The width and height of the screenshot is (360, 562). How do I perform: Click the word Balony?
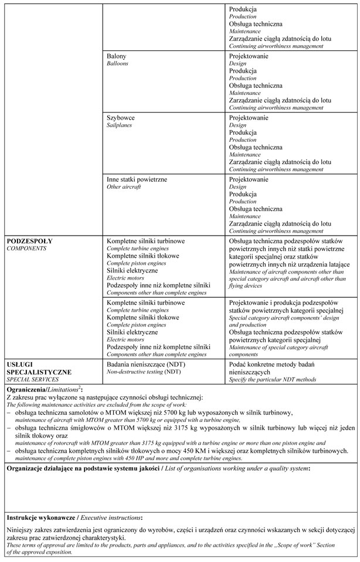coord(116,56)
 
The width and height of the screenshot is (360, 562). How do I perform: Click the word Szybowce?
coord(120,118)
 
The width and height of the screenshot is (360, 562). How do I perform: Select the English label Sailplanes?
coord(119,125)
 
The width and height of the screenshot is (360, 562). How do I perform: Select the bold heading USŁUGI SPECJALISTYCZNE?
coord(38,368)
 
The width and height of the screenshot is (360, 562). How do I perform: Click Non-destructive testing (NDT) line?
coord(144,372)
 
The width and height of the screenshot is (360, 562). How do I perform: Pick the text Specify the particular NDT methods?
coord(272,380)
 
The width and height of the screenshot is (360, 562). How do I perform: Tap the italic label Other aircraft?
coord(123,187)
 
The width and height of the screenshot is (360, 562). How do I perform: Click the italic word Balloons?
coord(117,64)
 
